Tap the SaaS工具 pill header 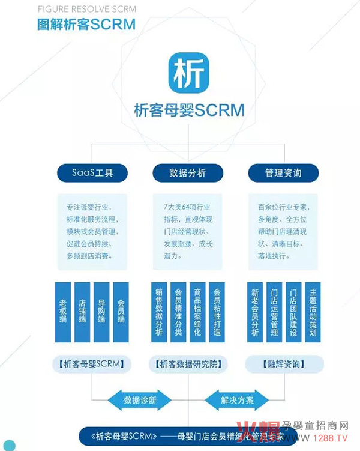pyautogui.click(x=93, y=173)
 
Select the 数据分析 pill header pyautogui.click(x=188, y=173)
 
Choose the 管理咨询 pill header pyautogui.click(x=283, y=173)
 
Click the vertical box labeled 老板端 pyautogui.click(x=64, y=312)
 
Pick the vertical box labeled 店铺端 pyautogui.click(x=83, y=312)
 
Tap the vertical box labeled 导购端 pyautogui.click(x=102, y=312)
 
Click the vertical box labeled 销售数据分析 pyautogui.click(x=159, y=312)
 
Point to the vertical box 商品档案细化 pyautogui.click(x=197, y=312)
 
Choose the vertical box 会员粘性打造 pyautogui.click(x=217, y=312)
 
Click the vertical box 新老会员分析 pyautogui.click(x=254, y=312)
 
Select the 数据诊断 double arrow pyautogui.click(x=139, y=400)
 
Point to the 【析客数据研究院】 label pyautogui.click(x=188, y=364)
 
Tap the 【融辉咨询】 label pyautogui.click(x=283, y=364)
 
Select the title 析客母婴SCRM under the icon pyautogui.click(x=189, y=110)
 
